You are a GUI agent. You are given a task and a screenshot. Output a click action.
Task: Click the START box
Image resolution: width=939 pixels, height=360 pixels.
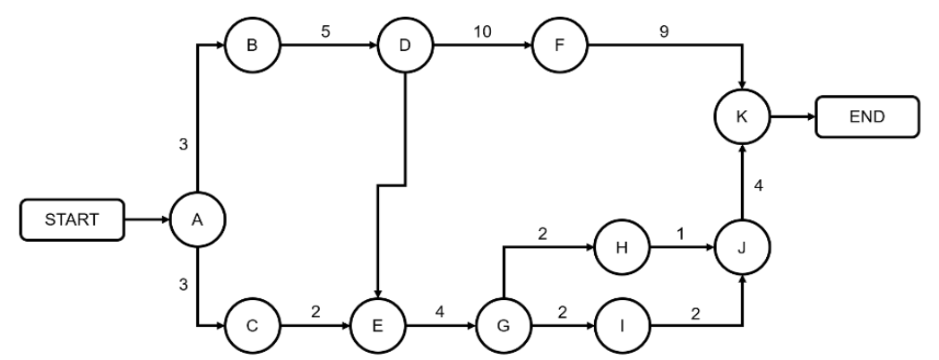pos(73,218)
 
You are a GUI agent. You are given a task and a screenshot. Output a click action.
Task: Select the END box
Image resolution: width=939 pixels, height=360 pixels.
pos(866,116)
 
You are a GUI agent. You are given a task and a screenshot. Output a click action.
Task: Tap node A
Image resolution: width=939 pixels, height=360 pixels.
pos(198,218)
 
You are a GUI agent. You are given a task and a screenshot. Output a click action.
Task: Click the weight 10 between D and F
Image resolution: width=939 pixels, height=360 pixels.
pos(482,30)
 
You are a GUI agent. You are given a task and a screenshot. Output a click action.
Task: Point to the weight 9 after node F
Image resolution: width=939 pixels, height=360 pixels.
pos(663,30)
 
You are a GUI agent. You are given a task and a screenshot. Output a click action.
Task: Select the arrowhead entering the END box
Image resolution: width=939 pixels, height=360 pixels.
pos(810,116)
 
